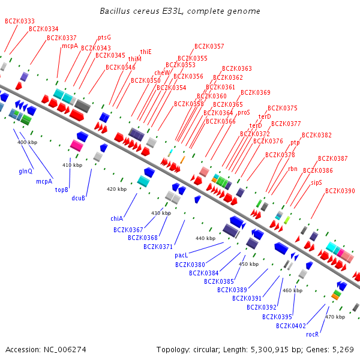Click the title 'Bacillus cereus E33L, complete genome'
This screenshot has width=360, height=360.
click(x=180, y=11)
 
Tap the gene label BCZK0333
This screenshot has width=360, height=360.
click(x=20, y=21)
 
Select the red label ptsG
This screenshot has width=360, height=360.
click(x=104, y=37)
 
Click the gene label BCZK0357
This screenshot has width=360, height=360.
click(x=209, y=46)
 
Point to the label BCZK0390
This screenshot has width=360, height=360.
click(x=340, y=191)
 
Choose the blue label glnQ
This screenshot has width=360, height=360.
click(x=25, y=171)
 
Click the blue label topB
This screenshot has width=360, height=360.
click(x=62, y=190)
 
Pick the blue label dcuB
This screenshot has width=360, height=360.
click(x=79, y=198)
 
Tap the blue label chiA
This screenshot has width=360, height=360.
click(x=116, y=218)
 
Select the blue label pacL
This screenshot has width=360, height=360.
click(x=182, y=256)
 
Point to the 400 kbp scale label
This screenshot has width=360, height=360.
click(x=27, y=142)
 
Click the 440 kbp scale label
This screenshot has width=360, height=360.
click(x=205, y=238)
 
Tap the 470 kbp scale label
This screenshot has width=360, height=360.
click(x=335, y=316)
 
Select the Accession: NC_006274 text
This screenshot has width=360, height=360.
click(x=46, y=349)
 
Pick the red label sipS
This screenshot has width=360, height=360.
click(x=316, y=182)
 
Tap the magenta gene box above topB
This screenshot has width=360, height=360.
click(x=76, y=145)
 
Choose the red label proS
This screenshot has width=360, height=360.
click(x=244, y=112)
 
